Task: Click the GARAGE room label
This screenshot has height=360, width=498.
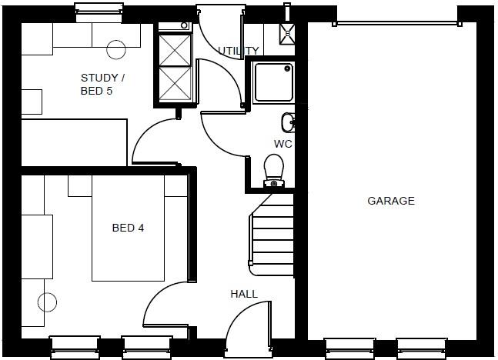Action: pos(391,202)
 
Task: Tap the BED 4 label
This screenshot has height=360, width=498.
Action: pos(128,228)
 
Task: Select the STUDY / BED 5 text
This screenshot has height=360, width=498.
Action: pos(102,84)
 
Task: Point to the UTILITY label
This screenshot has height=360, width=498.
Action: pos(238,52)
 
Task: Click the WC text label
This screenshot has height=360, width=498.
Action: pos(283,144)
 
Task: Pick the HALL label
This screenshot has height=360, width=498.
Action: pos(244,294)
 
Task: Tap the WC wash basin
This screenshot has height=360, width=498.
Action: pos(288,122)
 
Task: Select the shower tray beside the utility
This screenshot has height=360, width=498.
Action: pos(274,82)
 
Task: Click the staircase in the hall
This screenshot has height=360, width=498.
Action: pos(272,238)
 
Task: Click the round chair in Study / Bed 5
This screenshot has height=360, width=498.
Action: pos(116,49)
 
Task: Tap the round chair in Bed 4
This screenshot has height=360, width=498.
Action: pos(47,303)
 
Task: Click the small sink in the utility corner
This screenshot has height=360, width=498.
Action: pos(287,32)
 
